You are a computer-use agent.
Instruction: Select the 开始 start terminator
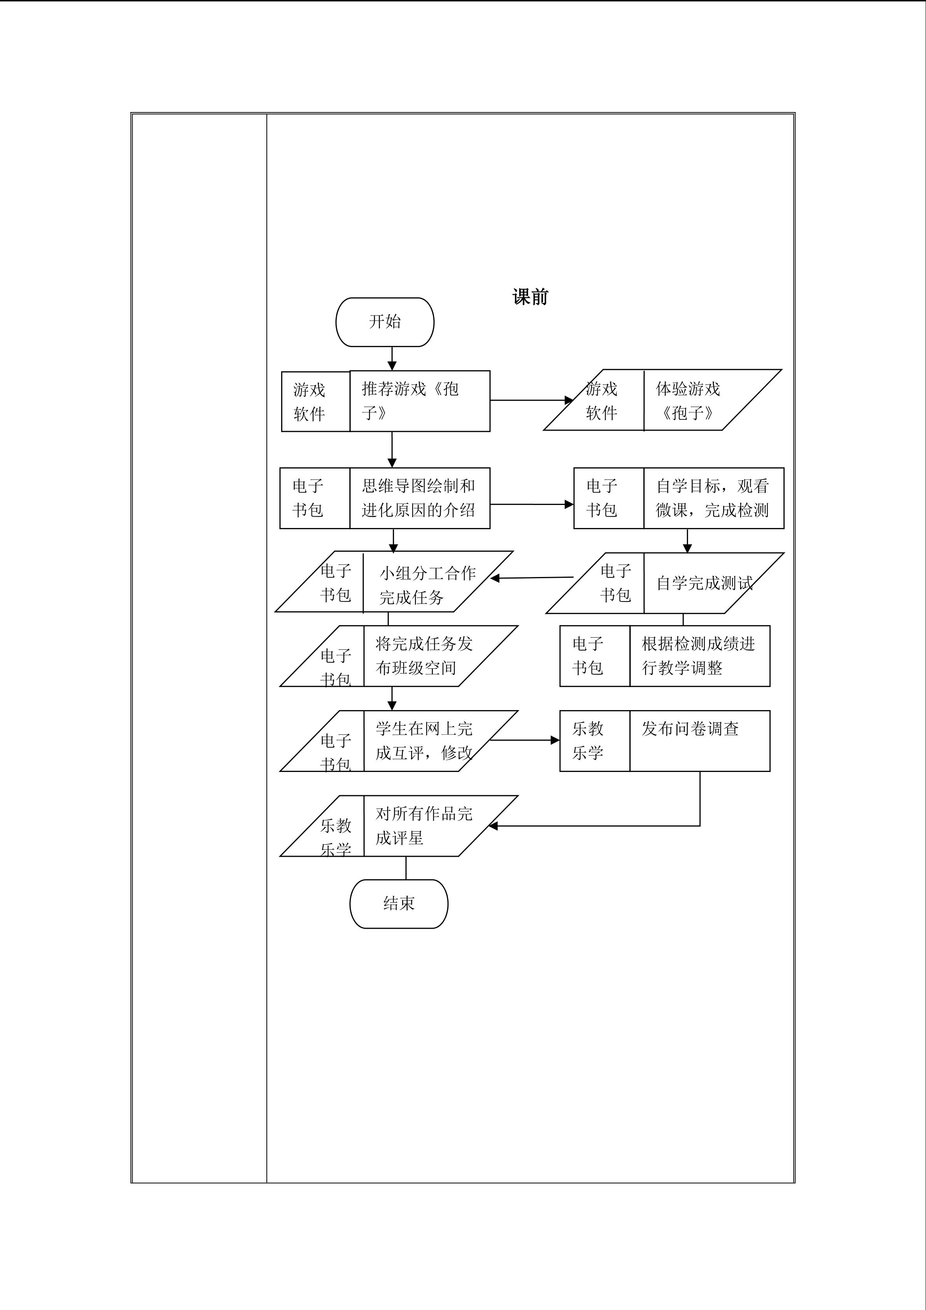click(385, 322)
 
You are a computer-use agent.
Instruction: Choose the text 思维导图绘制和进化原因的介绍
click(418, 498)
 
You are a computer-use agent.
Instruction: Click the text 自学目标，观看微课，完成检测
click(712, 498)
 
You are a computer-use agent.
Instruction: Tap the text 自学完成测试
click(704, 583)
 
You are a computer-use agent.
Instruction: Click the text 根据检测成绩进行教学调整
click(698, 656)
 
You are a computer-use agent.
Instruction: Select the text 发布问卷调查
click(690, 729)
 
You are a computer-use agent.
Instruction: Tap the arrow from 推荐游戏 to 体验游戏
click(531, 400)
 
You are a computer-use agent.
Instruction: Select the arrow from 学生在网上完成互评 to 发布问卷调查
click(525, 740)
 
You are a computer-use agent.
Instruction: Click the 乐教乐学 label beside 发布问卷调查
click(588, 740)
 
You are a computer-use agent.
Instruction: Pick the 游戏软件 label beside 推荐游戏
click(309, 402)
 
